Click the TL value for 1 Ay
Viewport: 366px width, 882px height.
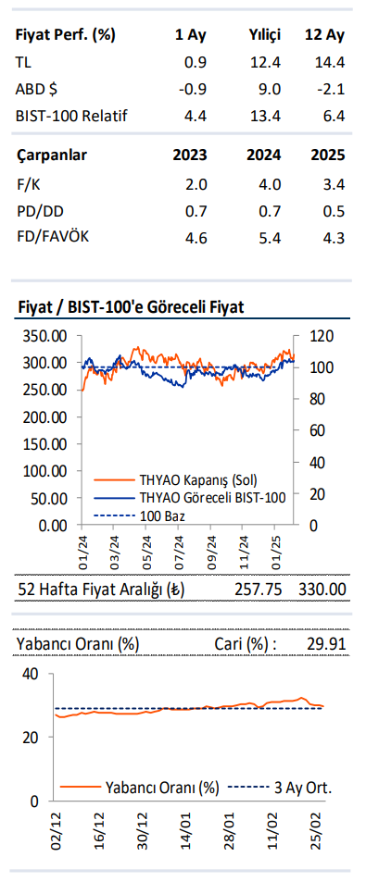(x=196, y=62)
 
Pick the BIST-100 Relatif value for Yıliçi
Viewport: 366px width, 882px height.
(x=265, y=116)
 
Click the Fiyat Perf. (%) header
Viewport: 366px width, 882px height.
(x=66, y=35)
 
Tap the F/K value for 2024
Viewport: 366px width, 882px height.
(x=265, y=184)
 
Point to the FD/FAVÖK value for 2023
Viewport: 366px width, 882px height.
(x=196, y=238)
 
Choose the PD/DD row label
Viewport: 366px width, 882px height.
(x=40, y=211)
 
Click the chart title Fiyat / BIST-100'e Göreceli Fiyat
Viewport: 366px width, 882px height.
(x=131, y=306)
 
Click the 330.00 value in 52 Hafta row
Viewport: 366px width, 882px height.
(x=322, y=590)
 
